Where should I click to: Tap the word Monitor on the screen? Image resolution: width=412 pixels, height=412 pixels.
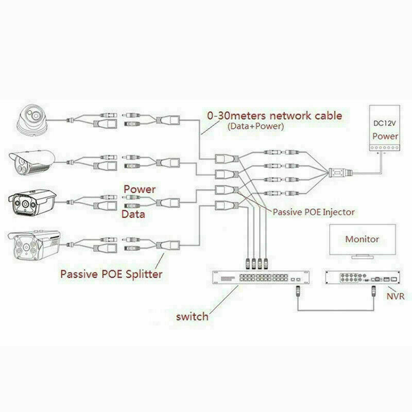[362, 239]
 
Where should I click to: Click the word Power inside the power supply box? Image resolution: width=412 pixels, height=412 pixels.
[385, 136]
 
